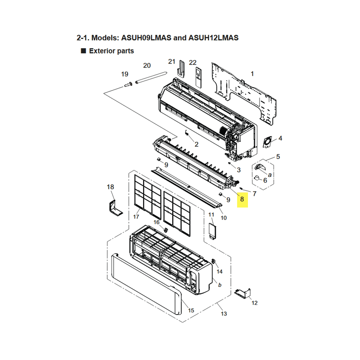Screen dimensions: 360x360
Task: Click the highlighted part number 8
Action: pyautogui.click(x=242, y=199)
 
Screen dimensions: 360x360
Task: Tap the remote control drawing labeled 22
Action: pyautogui.click(x=198, y=77)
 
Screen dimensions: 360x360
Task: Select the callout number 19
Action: pyautogui.click(x=125, y=74)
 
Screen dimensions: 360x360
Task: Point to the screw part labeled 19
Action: pyautogui.click(x=128, y=85)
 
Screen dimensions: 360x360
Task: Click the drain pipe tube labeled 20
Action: pyautogui.click(x=151, y=78)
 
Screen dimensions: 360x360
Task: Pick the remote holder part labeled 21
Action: pyautogui.click(x=182, y=69)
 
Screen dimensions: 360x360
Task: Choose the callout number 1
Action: pyautogui.click(x=252, y=74)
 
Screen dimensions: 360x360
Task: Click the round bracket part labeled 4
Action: pyautogui.click(x=267, y=142)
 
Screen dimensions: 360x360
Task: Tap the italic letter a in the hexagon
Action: pyautogui.click(x=270, y=175)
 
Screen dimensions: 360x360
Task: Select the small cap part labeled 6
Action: pyautogui.click(x=257, y=178)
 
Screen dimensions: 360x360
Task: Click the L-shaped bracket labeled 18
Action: pyautogui.click(x=115, y=208)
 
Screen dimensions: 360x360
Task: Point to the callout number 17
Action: pyautogui.click(x=136, y=217)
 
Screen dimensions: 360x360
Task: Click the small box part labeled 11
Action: pyautogui.click(x=212, y=232)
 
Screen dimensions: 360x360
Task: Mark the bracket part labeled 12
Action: pyautogui.click(x=243, y=294)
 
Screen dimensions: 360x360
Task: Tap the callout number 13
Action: pyautogui.click(x=224, y=314)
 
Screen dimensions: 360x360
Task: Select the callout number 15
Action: pyautogui.click(x=191, y=310)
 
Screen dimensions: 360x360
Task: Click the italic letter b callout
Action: pyautogui.click(x=220, y=285)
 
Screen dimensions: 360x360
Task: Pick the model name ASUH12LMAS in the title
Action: pyautogui.click(x=213, y=38)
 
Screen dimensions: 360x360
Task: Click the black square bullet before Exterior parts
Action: pyautogui.click(x=83, y=51)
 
